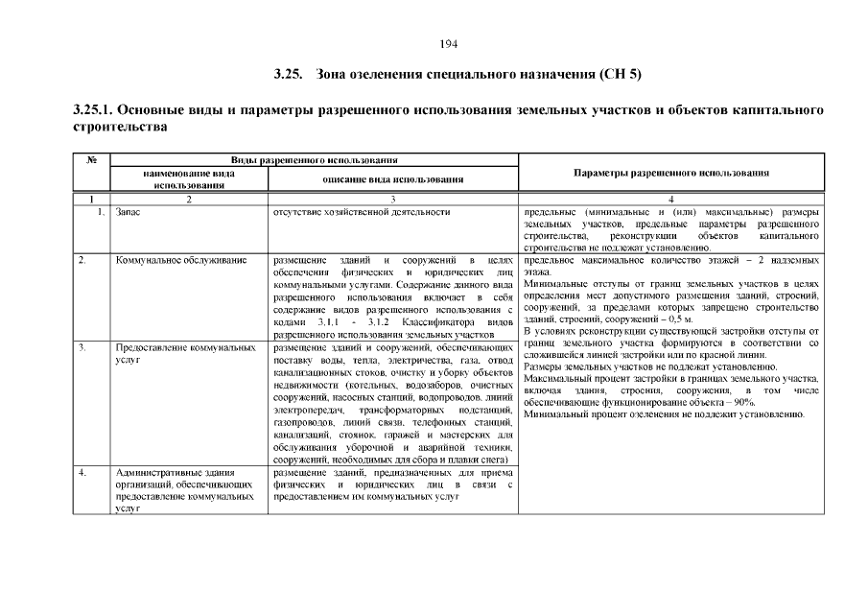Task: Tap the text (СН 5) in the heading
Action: click(x=620, y=74)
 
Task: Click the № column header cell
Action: click(x=92, y=159)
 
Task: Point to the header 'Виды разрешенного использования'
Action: click(x=314, y=159)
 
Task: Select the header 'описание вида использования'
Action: click(x=393, y=178)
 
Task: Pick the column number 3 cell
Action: click(x=393, y=199)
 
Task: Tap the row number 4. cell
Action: click(x=84, y=473)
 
